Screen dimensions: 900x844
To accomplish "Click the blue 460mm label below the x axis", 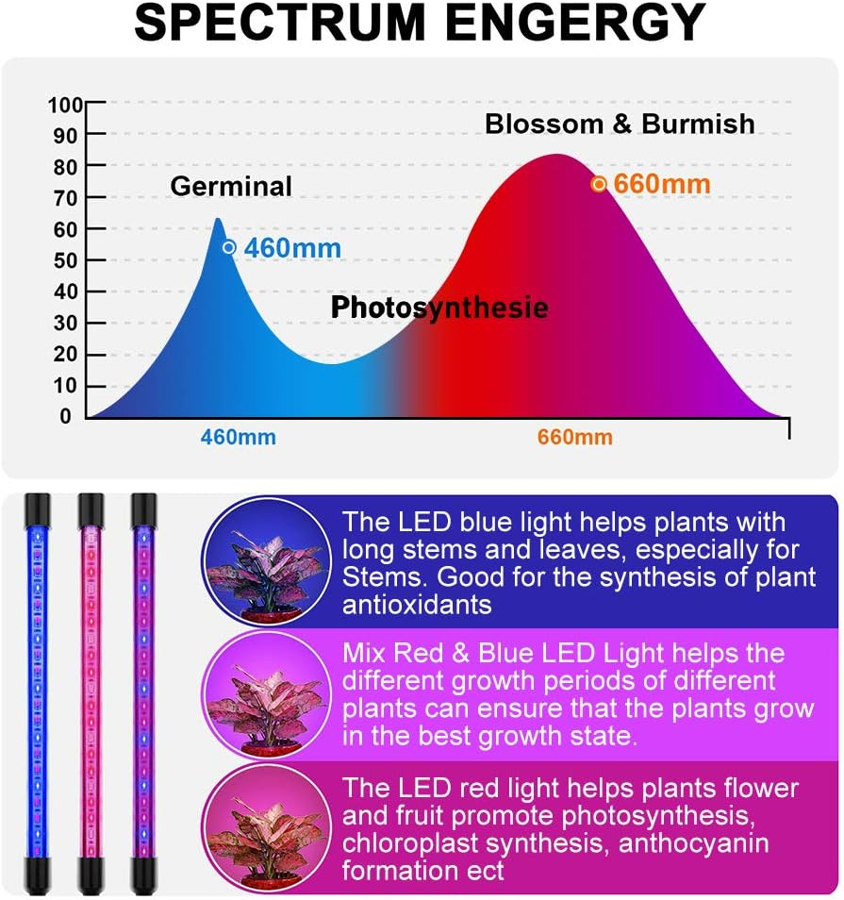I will click(x=238, y=438).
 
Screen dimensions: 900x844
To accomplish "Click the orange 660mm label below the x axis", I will click(x=574, y=438).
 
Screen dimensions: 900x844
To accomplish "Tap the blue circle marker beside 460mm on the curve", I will click(x=228, y=247).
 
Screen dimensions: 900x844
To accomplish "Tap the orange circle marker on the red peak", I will click(x=598, y=184).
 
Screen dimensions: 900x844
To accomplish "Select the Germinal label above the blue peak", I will click(x=231, y=187).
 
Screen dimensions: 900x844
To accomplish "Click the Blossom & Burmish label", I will click(x=620, y=124).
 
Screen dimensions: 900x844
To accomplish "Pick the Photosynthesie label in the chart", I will click(x=439, y=308).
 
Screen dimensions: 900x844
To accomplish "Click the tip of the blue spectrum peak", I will click(x=218, y=221).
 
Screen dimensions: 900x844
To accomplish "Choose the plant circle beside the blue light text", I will click(x=266, y=562).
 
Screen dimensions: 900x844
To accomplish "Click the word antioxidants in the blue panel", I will click(x=417, y=605).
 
